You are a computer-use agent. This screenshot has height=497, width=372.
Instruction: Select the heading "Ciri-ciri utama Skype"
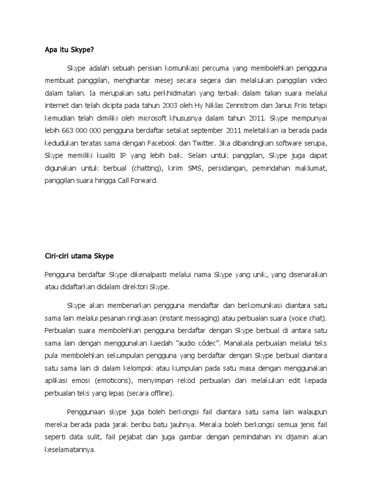pos(78,256)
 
